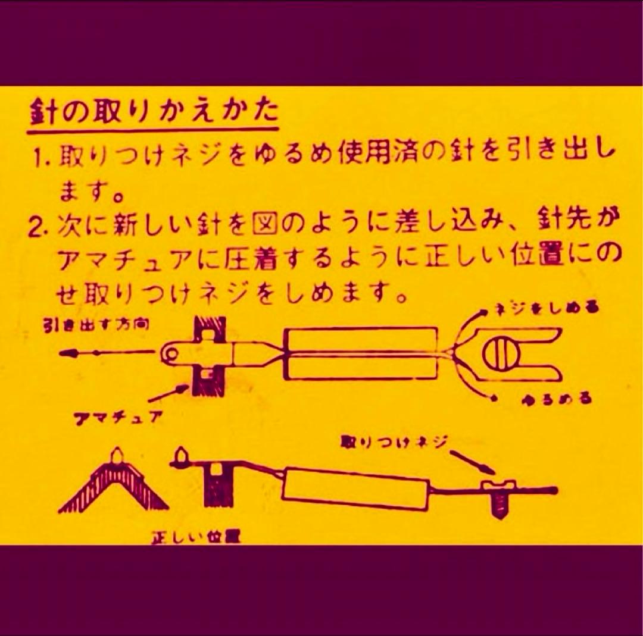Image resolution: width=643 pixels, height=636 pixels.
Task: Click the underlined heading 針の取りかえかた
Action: coord(153,112)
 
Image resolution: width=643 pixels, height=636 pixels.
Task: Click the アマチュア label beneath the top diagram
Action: coord(119,417)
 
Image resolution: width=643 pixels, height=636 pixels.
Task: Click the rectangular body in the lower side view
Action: coord(355,488)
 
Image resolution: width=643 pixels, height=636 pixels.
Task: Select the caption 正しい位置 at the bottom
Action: coord(196,537)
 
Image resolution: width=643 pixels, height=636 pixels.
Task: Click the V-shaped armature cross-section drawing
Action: coord(113,485)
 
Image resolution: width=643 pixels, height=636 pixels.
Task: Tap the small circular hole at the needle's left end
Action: coord(171,355)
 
